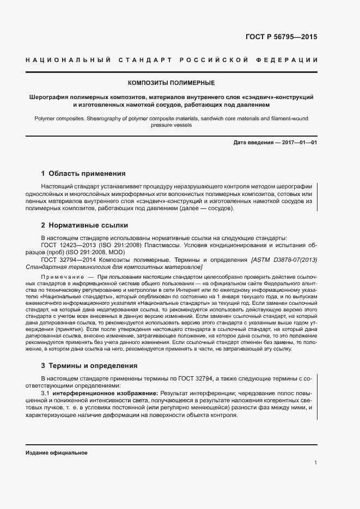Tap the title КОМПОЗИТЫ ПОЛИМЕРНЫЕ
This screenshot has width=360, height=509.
(x=171, y=83)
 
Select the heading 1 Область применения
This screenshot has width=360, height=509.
(x=83, y=174)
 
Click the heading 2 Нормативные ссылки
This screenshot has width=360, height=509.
(x=85, y=225)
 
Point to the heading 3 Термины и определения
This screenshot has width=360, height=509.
(x=91, y=365)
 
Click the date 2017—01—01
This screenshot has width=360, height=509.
(x=299, y=143)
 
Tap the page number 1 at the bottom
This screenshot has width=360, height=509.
(x=316, y=462)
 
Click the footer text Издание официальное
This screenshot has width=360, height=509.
(x=57, y=453)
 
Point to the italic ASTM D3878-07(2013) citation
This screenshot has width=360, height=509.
(x=284, y=260)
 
